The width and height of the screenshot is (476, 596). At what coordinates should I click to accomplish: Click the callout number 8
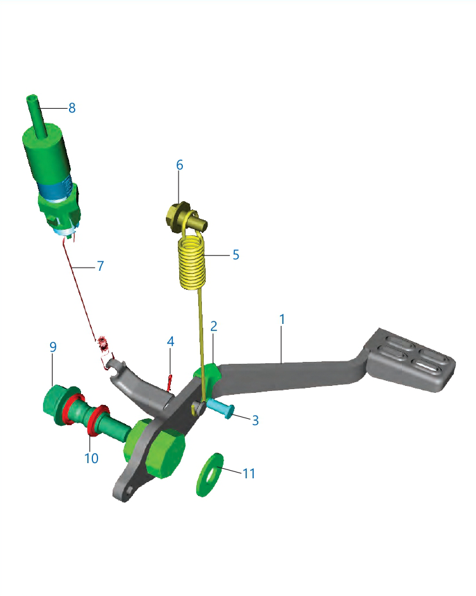pyautogui.click(x=72, y=108)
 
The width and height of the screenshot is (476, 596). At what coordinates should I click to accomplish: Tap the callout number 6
pyautogui.click(x=180, y=165)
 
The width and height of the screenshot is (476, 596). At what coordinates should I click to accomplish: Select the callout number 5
pyautogui.click(x=235, y=255)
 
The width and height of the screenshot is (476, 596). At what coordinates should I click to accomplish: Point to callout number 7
pyautogui.click(x=101, y=266)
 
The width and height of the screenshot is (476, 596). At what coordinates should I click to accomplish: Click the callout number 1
pyautogui.click(x=282, y=320)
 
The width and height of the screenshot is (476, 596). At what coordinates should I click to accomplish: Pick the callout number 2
pyautogui.click(x=214, y=326)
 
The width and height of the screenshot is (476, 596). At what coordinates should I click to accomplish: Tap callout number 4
pyautogui.click(x=170, y=341)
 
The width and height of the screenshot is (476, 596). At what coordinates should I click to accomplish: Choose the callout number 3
pyautogui.click(x=256, y=420)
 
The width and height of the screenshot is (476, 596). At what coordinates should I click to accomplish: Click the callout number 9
pyautogui.click(x=53, y=347)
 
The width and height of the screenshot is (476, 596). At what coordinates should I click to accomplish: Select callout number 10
pyautogui.click(x=92, y=458)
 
